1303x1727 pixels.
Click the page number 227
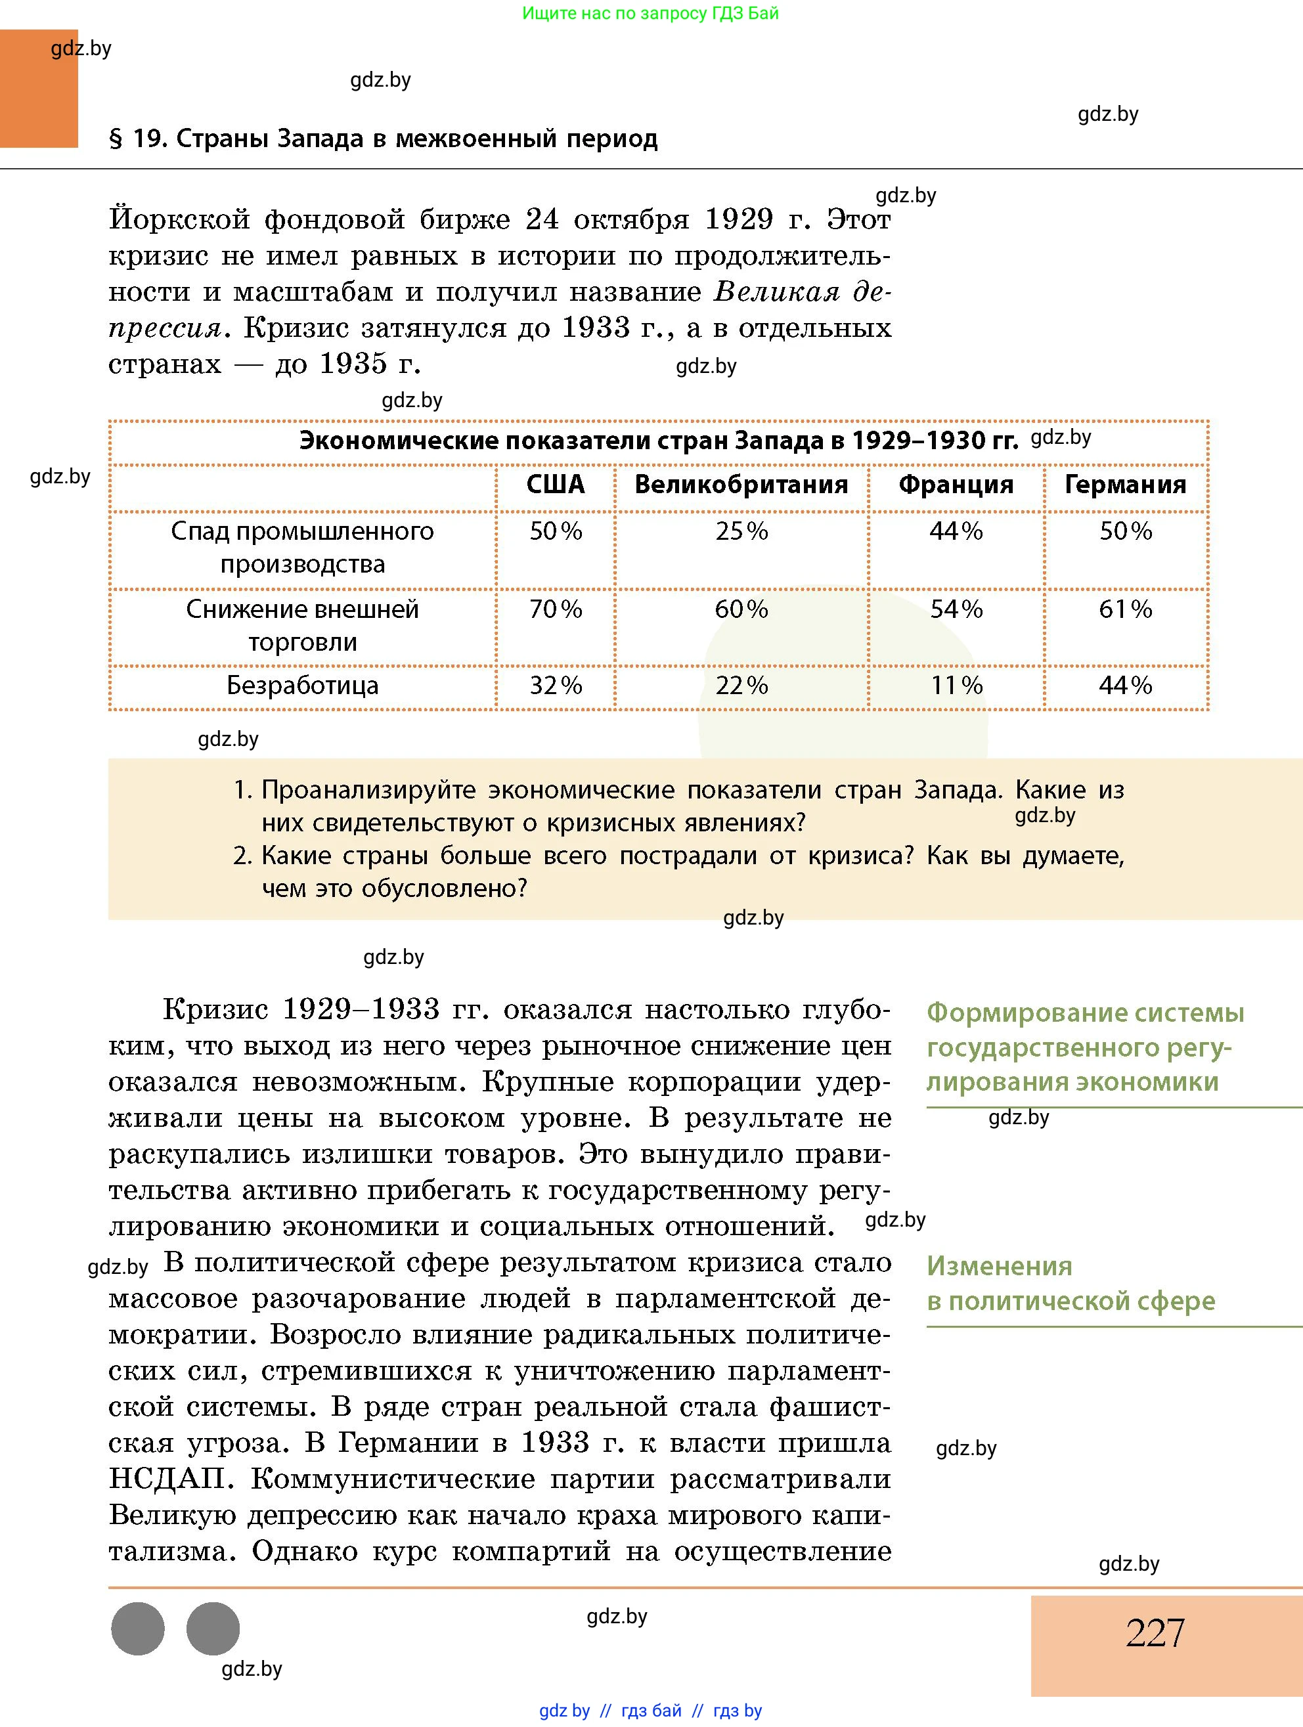point(1155,1632)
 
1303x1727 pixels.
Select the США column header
point(555,485)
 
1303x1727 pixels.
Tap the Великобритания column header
point(741,485)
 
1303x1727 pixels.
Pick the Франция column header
point(956,485)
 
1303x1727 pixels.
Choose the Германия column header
point(1125,485)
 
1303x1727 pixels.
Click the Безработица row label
point(302,686)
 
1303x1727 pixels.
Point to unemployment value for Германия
point(1125,686)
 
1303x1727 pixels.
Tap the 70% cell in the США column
point(555,609)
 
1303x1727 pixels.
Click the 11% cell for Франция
point(956,686)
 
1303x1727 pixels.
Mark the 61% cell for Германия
point(1125,609)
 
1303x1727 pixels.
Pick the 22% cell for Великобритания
point(741,686)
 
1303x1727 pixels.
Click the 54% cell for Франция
point(956,609)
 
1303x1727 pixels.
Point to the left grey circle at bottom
point(138,1629)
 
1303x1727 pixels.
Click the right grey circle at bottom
point(213,1629)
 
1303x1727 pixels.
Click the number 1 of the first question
point(241,790)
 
